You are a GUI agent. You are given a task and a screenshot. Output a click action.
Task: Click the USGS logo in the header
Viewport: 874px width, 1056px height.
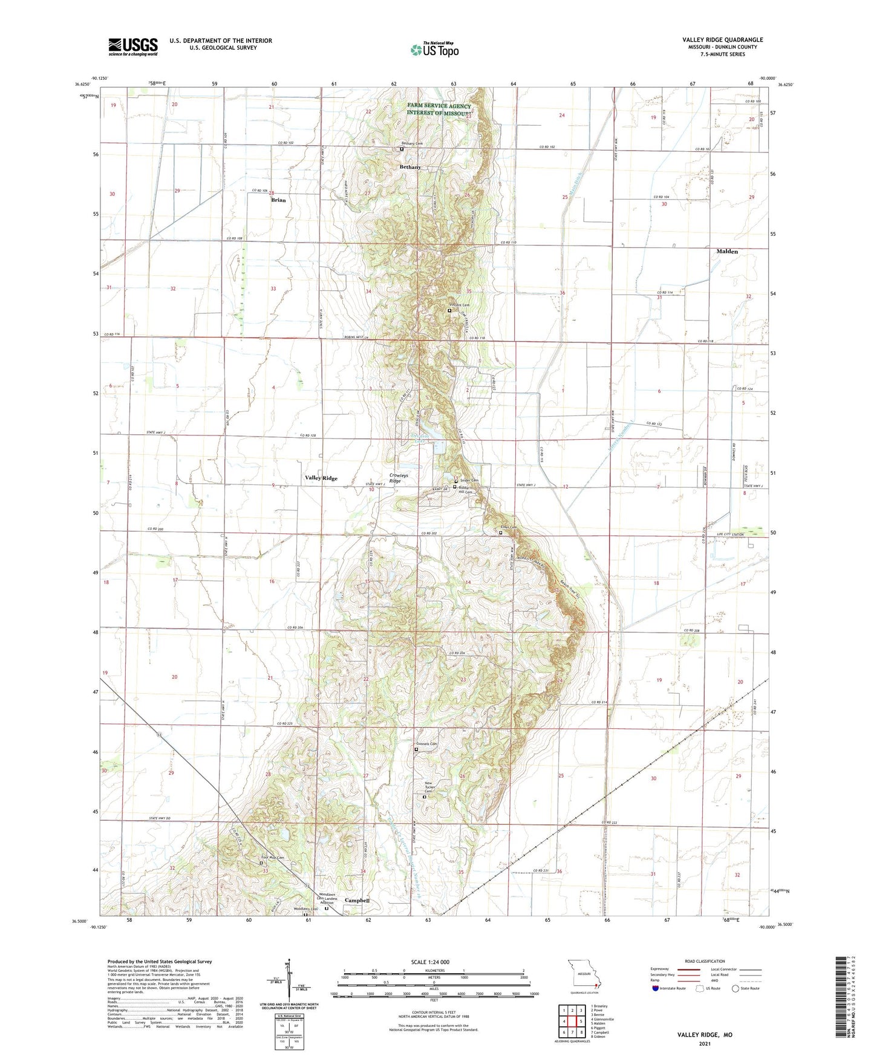pos(132,47)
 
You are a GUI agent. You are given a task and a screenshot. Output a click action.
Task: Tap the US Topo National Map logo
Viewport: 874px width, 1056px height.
pos(434,50)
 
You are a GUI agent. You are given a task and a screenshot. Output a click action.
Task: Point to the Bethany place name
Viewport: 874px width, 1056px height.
pos(409,167)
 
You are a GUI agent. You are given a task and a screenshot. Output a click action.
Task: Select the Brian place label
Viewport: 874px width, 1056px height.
pos(278,200)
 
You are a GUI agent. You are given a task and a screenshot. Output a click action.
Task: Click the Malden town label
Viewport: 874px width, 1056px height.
pos(726,251)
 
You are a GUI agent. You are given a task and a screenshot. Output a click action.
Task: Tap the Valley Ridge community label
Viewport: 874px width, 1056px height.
pos(321,478)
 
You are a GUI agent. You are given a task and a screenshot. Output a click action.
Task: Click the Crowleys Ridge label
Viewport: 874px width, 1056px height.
pos(398,478)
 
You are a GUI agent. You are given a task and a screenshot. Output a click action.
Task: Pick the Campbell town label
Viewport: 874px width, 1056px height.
pos(357,901)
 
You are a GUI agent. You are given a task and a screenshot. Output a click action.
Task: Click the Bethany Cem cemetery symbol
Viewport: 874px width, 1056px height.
pos(401,149)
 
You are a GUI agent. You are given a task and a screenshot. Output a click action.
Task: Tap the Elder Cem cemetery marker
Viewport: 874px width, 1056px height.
pos(500,533)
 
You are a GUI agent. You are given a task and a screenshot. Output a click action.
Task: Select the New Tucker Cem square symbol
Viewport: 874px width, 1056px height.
pos(424,797)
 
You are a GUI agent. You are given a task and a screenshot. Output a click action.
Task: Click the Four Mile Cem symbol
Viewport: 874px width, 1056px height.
pos(261,863)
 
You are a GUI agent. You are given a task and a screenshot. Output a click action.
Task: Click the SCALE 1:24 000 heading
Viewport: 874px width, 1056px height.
pos(430,962)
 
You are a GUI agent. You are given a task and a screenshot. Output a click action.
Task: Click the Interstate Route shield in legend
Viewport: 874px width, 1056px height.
pos(656,989)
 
